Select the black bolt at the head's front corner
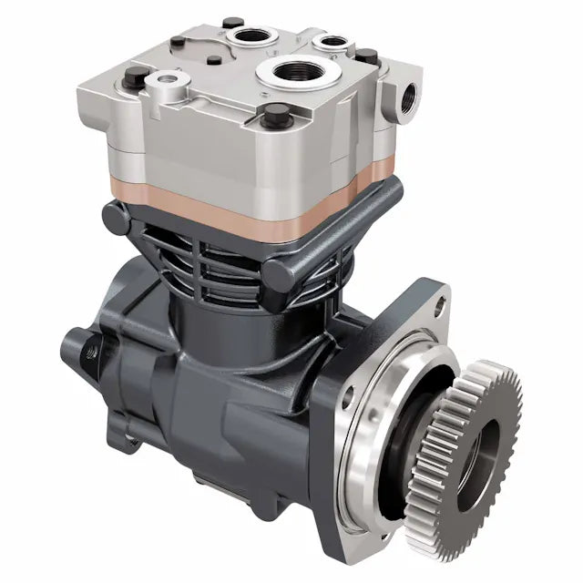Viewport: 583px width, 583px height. [x=275, y=114]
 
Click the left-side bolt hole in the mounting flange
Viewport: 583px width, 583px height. [x=348, y=394]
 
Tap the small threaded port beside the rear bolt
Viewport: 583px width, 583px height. [x=331, y=41]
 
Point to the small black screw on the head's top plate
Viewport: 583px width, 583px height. [x=213, y=61]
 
